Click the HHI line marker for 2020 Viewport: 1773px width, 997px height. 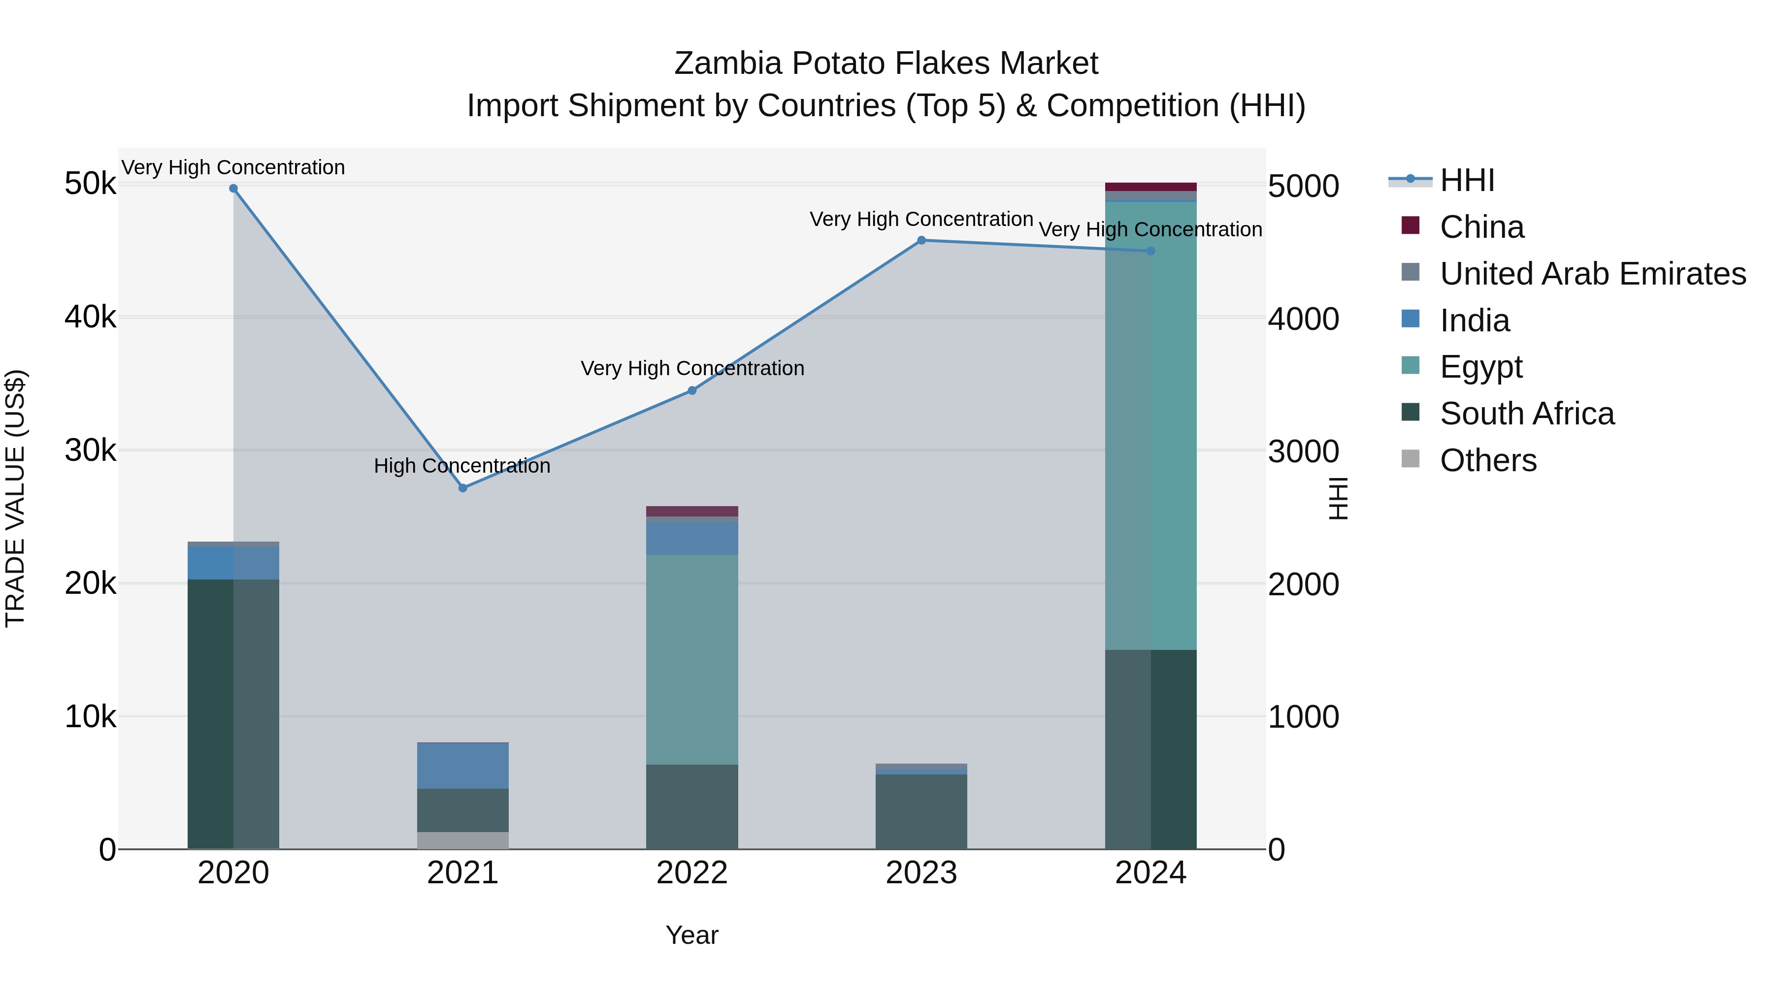point(233,189)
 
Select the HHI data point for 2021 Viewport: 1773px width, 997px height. point(462,488)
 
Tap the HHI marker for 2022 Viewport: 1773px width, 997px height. point(692,391)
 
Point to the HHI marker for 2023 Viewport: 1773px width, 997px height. point(921,240)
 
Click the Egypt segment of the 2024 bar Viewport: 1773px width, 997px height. point(1151,426)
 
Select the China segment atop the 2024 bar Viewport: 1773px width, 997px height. point(1151,187)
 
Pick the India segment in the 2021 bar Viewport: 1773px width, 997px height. point(462,766)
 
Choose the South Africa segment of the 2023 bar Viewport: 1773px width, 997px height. point(921,812)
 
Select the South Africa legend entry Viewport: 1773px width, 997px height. point(1527,414)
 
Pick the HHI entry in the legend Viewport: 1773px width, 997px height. point(1466,180)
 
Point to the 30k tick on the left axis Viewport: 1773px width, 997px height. point(90,451)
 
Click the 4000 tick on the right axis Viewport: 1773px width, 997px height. point(1303,319)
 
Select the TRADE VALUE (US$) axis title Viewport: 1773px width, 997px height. point(15,498)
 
